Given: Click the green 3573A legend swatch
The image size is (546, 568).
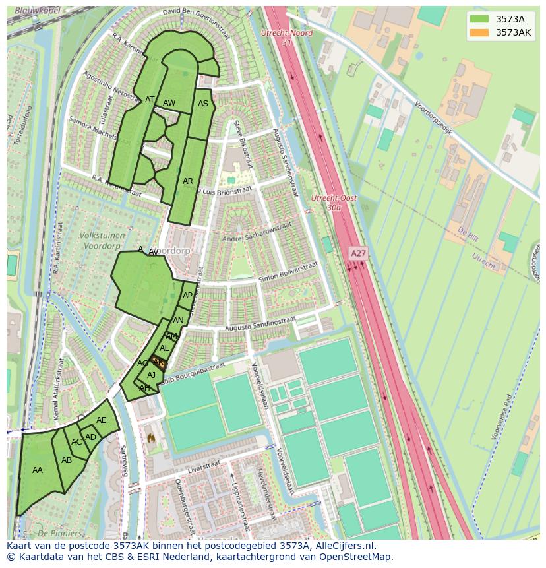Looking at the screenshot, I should pyautogui.click(x=479, y=19).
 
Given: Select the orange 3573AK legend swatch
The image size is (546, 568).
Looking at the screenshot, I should pyautogui.click(x=479, y=32).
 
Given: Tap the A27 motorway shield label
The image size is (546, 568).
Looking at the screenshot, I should pyautogui.click(x=358, y=253).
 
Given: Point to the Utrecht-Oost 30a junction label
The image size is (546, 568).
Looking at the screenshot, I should pyautogui.click(x=334, y=203).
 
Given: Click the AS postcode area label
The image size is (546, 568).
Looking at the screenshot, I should pyautogui.click(x=203, y=104).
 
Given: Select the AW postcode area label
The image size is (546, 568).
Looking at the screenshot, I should pyautogui.click(x=169, y=103).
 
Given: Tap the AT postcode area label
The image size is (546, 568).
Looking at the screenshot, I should pyautogui.click(x=150, y=100).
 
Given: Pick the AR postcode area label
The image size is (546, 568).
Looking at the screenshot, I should pyautogui.click(x=188, y=181).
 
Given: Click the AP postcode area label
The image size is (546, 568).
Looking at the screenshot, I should pyautogui.click(x=188, y=296).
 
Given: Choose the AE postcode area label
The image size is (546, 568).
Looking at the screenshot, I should pyautogui.click(x=101, y=420).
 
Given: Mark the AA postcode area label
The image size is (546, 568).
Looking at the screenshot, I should pyautogui.click(x=38, y=470).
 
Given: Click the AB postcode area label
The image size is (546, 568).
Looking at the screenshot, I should pyautogui.click(x=67, y=460).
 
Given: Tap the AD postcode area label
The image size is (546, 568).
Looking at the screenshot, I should pyautogui.click(x=90, y=437).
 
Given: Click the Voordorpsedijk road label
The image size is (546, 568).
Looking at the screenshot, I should pyautogui.click(x=433, y=117).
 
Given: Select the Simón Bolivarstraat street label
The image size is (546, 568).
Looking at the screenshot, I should pyautogui.click(x=288, y=271).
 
